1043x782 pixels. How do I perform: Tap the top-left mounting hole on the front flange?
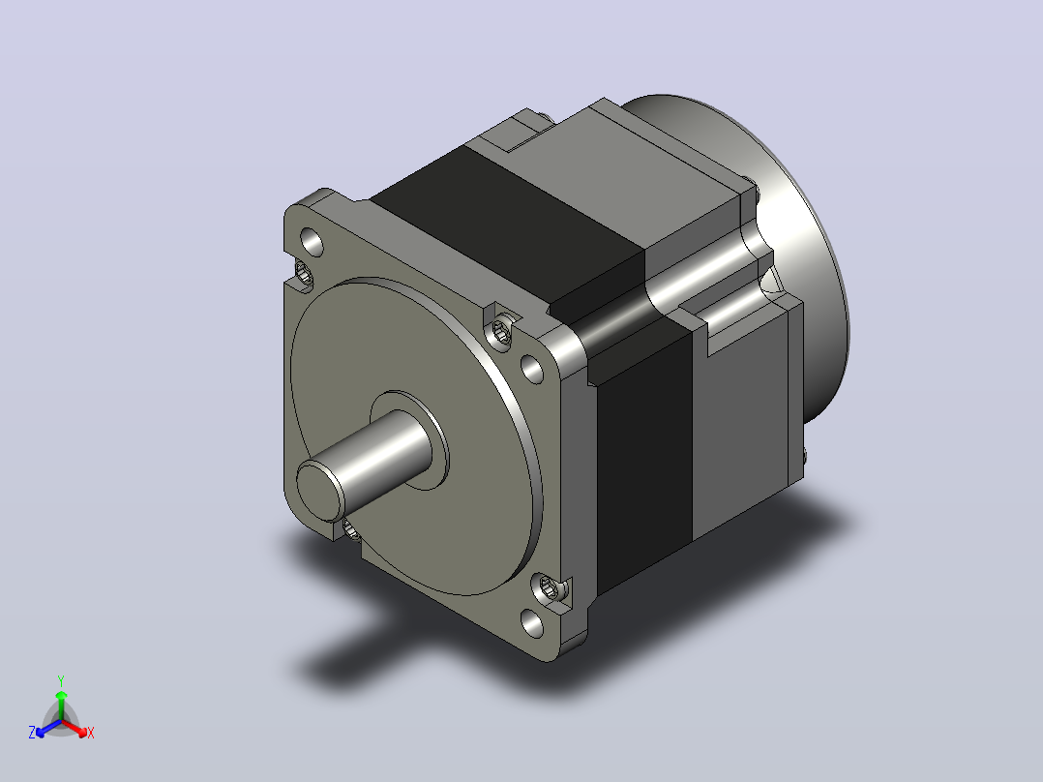click(312, 242)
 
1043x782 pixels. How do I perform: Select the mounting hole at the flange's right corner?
click(531, 368)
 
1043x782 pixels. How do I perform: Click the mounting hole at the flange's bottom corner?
click(531, 623)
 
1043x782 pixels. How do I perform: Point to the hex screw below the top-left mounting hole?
click(304, 273)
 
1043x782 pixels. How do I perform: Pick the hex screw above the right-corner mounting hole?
click(500, 331)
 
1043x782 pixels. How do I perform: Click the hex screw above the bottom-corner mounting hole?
click(548, 587)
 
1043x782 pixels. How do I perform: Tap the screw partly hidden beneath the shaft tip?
click(350, 529)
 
